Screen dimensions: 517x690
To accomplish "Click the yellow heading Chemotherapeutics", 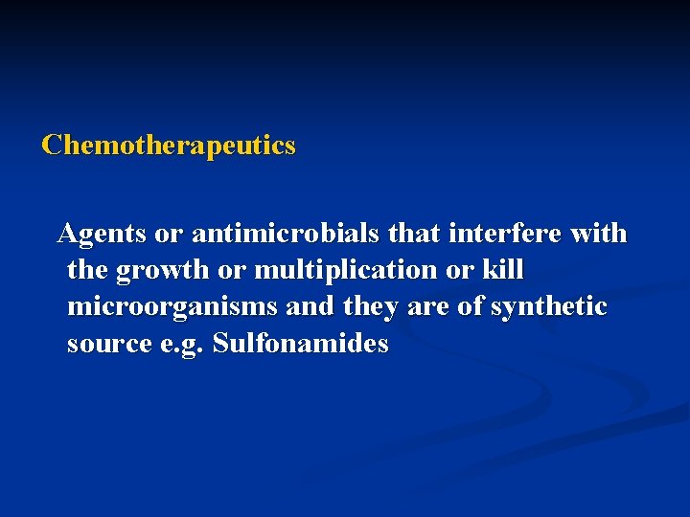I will pyautogui.click(x=169, y=146).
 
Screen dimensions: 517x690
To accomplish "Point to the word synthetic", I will pyautogui.click(x=549, y=307).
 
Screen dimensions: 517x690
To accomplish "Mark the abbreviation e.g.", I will pyautogui.click(x=179, y=345).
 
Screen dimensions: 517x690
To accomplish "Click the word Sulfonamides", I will pyautogui.click(x=301, y=344).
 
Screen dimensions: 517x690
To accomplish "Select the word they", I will pyautogui.click(x=369, y=307).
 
